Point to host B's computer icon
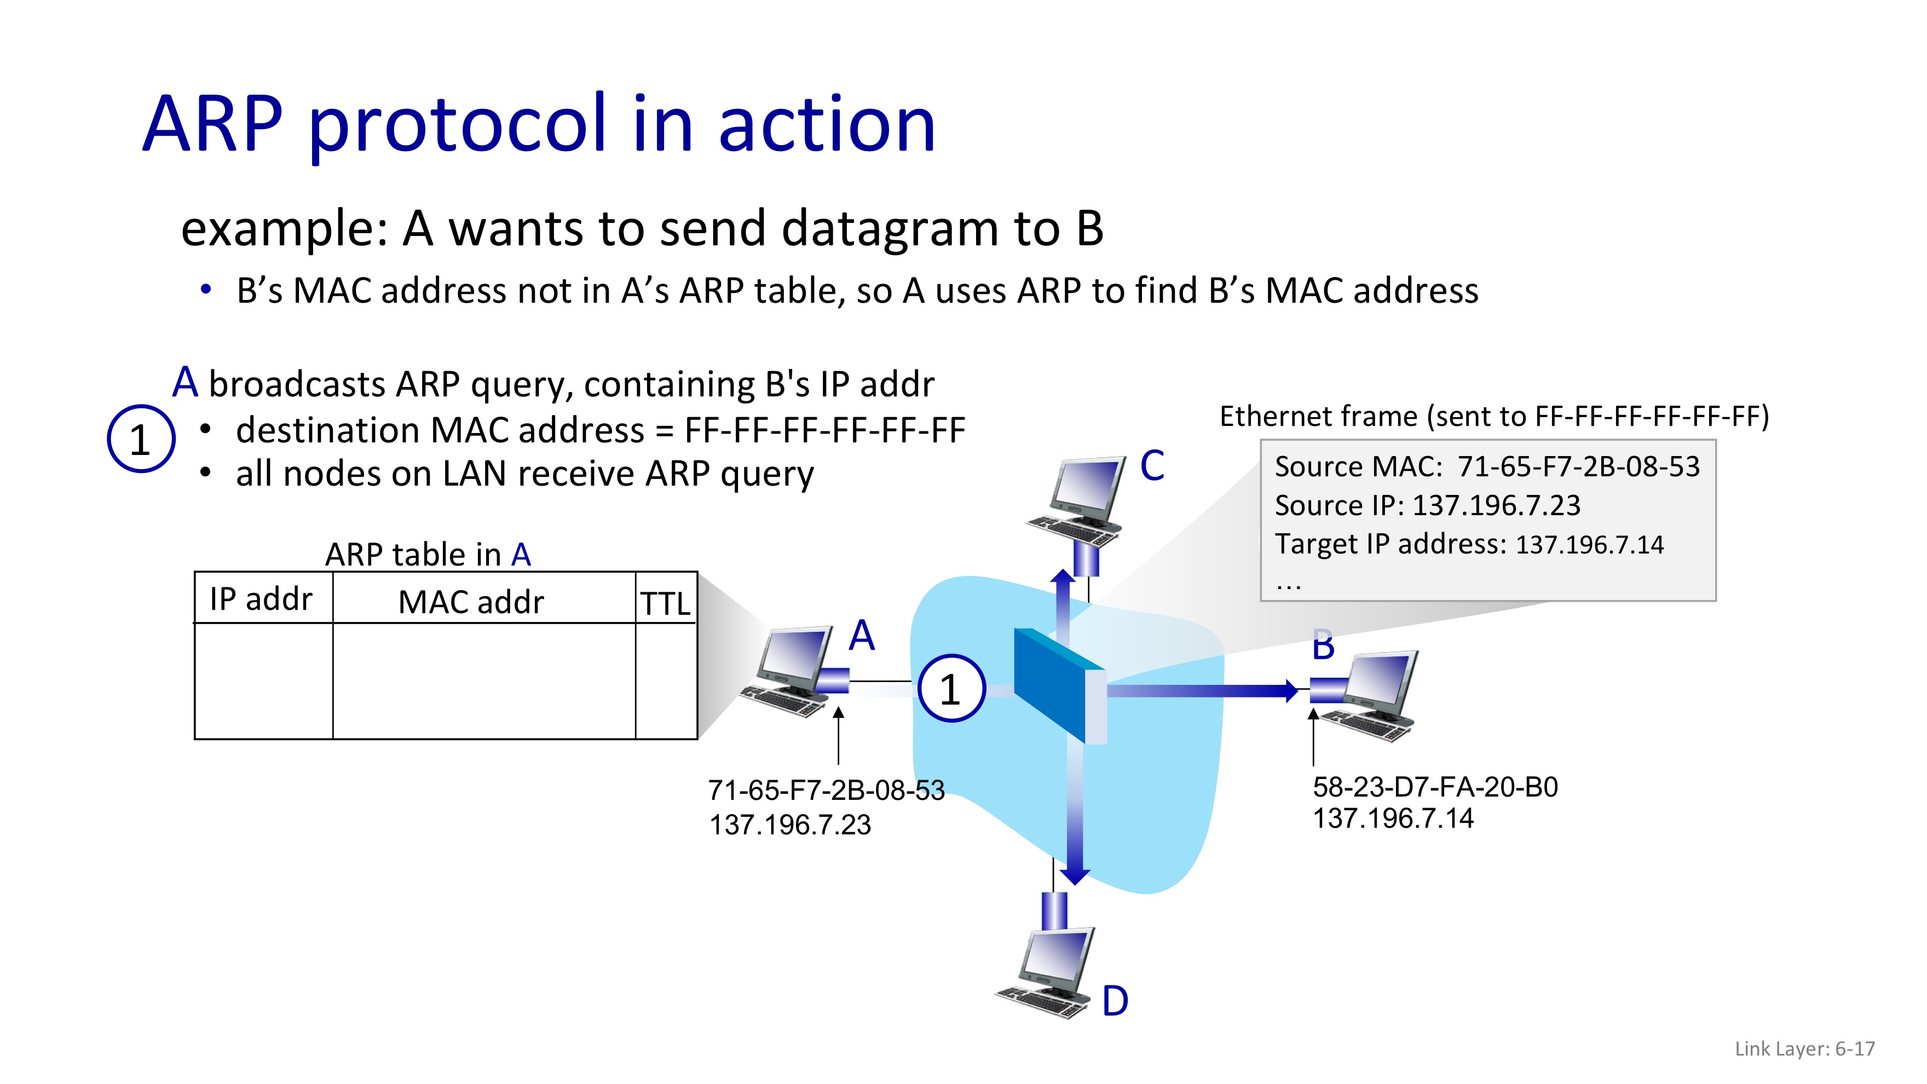tap(1372, 696)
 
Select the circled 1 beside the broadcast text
tap(141, 439)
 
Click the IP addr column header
tap(261, 599)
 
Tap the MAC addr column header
tap(471, 602)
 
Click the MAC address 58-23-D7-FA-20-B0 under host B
tap(1435, 787)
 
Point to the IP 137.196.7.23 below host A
tap(790, 825)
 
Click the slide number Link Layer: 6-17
tap(1804, 1049)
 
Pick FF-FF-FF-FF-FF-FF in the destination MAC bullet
tap(824, 430)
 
